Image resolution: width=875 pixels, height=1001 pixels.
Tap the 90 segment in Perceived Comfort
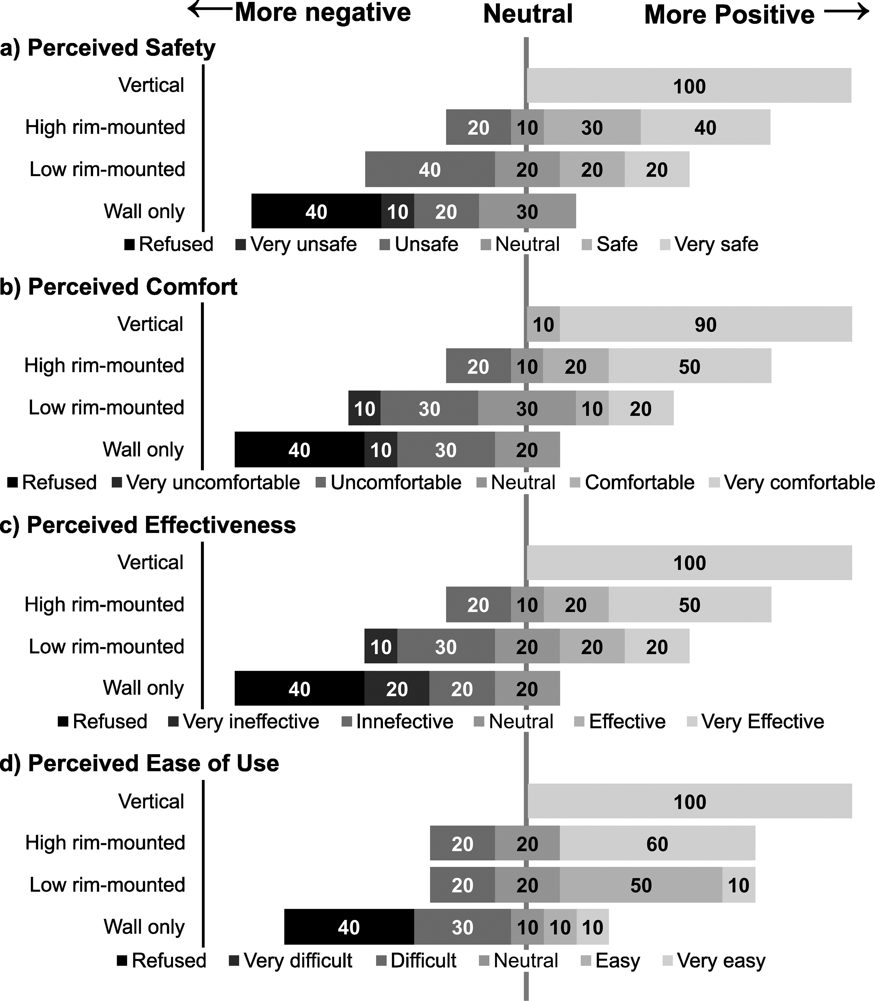pos(706,324)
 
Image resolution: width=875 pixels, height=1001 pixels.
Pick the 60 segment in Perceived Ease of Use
pos(657,843)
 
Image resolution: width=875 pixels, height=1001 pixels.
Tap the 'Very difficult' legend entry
pos(290,960)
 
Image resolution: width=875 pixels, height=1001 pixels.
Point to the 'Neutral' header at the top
pos(528,14)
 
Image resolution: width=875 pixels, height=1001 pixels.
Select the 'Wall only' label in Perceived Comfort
pos(143,449)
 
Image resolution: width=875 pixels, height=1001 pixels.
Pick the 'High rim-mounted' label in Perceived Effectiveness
pos(104,604)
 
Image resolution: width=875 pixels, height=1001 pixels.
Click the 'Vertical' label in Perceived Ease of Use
pos(151,801)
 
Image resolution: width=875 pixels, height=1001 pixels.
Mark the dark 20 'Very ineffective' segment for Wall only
pos(397,688)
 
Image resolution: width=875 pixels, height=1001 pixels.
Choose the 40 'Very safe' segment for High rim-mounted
pos(706,127)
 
